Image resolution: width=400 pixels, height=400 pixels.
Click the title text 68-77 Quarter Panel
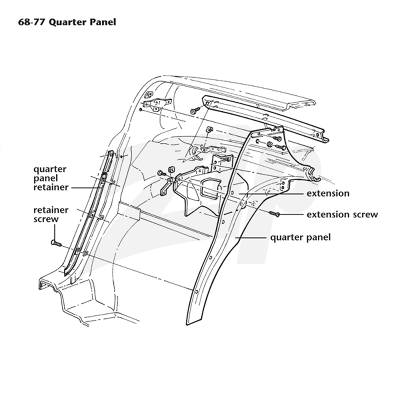[x=67, y=22]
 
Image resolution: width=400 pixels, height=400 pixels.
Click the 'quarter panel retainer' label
[x=51, y=178]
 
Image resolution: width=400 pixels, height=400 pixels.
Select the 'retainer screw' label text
[x=51, y=214]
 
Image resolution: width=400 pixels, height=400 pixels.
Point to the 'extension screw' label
[x=342, y=214]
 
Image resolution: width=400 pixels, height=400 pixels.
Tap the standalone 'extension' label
[x=328, y=193]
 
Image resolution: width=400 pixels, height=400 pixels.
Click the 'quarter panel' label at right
[x=300, y=237]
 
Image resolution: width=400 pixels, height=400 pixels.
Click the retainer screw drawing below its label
[x=56, y=243]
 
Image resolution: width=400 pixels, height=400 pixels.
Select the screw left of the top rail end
[x=195, y=110]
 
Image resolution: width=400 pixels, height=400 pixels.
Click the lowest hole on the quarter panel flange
[x=196, y=291]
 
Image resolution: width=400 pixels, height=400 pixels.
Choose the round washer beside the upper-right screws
[x=269, y=144]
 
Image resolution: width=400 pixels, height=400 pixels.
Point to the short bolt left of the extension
[x=161, y=173]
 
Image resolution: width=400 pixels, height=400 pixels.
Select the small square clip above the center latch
[x=209, y=128]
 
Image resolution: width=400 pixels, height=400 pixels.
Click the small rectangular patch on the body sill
[x=129, y=210]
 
